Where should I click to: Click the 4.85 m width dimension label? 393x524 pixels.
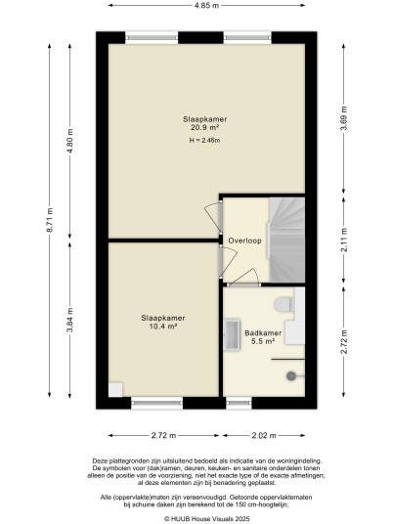207,5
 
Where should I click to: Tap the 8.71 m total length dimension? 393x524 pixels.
50,220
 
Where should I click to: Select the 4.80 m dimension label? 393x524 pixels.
69,141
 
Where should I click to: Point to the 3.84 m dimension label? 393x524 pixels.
69,320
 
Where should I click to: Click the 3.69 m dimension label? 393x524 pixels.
344,118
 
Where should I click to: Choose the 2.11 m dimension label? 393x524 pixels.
344,240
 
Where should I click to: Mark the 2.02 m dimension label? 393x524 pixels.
264,435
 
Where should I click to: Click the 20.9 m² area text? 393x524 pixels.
205,127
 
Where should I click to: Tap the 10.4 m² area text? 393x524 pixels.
162,327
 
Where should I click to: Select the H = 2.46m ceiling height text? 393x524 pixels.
205,141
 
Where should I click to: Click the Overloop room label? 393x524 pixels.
244,240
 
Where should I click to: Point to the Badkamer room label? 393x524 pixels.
263,332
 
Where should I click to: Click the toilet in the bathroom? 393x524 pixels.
284,304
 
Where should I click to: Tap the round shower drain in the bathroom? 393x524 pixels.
290,376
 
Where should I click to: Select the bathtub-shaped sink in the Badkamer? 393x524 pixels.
232,335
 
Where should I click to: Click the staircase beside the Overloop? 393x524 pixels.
287,240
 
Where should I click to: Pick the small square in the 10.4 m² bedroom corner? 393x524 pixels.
115,390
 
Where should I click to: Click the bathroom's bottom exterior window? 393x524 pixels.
239,403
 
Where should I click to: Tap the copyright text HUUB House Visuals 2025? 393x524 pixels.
207,519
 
